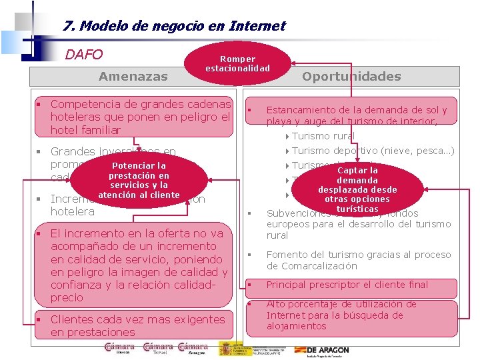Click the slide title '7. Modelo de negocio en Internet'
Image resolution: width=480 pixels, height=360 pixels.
pyautogui.click(x=174, y=27)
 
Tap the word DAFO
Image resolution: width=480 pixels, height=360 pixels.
pyautogui.click(x=83, y=54)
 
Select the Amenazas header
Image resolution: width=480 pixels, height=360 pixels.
pyautogui.click(x=133, y=76)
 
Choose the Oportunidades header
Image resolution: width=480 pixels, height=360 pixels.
pyautogui.click(x=351, y=76)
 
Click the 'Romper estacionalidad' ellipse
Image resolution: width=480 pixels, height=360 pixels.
pyautogui.click(x=238, y=64)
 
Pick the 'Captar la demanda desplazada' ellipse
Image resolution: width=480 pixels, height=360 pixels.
pyautogui.click(x=357, y=189)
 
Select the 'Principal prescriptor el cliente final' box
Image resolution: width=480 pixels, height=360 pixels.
pyautogui.click(x=347, y=285)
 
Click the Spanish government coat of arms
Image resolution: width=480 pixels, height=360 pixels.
pyautogui.click(x=228, y=348)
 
